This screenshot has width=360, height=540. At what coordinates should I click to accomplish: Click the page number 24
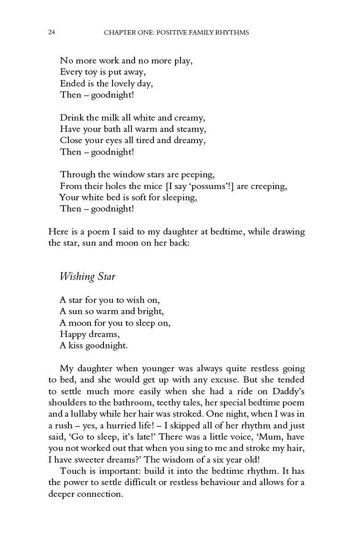point(51,32)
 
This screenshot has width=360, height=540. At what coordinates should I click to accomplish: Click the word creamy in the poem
point(189,118)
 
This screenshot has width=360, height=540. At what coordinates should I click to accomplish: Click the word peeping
point(197,175)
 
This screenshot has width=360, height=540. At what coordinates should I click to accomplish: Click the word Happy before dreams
point(72,333)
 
